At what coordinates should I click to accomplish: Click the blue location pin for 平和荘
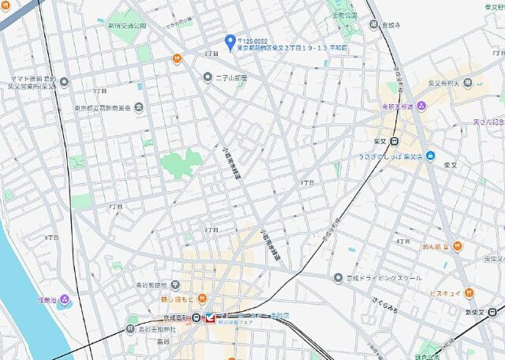click(230, 41)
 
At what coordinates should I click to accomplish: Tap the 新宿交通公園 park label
click(127, 25)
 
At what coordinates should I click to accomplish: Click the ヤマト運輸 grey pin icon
click(64, 81)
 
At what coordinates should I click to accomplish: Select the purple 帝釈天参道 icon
click(423, 106)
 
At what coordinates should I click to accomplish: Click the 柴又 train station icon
click(394, 141)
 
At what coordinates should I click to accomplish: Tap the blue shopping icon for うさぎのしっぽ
click(430, 156)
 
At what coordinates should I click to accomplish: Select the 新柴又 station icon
click(494, 313)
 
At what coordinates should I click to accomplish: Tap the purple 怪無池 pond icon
click(64, 299)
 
